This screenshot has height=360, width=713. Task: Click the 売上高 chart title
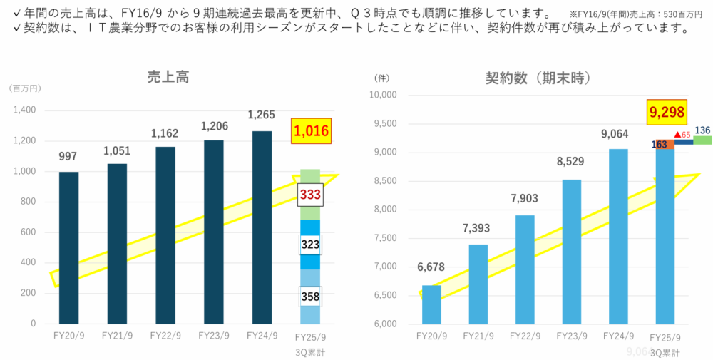coord(166,78)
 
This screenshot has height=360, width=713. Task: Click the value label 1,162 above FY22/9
coord(165,133)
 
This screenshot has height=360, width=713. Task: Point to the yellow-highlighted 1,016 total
coord(310,132)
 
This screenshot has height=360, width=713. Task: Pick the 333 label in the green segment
coord(310,195)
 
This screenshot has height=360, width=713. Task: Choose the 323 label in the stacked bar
coord(310,245)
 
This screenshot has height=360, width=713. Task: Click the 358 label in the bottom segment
coord(310,296)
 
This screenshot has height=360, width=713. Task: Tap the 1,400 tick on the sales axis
coord(24,110)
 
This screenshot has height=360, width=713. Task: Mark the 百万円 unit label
coord(26,88)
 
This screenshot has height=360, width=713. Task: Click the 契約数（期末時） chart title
coord(540,78)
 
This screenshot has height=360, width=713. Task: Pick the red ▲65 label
coord(682,134)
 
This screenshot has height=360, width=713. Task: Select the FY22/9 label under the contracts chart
coord(524,336)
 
